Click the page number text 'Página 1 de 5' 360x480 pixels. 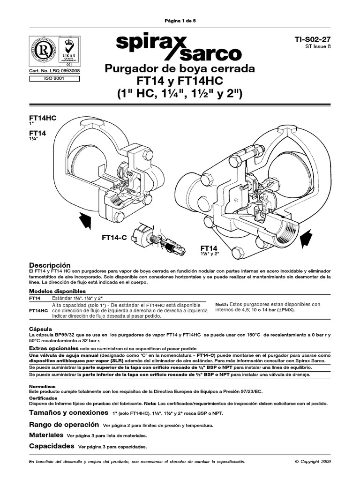[180, 21]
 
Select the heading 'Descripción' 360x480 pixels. [50, 265]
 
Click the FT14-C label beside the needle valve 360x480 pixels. [114, 239]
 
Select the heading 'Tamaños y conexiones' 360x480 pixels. [68, 413]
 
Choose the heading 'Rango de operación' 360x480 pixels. [64, 425]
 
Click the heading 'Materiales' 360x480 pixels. [47, 435]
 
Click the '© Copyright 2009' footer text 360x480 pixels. [313, 462]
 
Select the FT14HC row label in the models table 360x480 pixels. [38, 310]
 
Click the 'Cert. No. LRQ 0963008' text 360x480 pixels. [54, 71]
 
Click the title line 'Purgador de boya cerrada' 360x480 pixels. [180, 69]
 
